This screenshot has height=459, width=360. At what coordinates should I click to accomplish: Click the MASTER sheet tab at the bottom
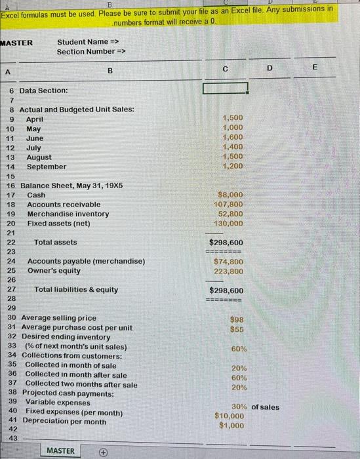60,450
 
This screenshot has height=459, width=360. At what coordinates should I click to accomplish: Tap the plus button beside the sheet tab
102,450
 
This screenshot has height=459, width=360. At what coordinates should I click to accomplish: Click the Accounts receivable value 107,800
229,204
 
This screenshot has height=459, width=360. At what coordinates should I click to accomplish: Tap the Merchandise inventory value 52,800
231,214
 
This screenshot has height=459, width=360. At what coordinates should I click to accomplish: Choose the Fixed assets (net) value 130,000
229,224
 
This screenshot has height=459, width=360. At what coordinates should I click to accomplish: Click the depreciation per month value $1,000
231,426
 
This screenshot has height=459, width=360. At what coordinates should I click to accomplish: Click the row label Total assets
56,242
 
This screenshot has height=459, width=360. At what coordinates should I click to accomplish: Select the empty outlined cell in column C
226,89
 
